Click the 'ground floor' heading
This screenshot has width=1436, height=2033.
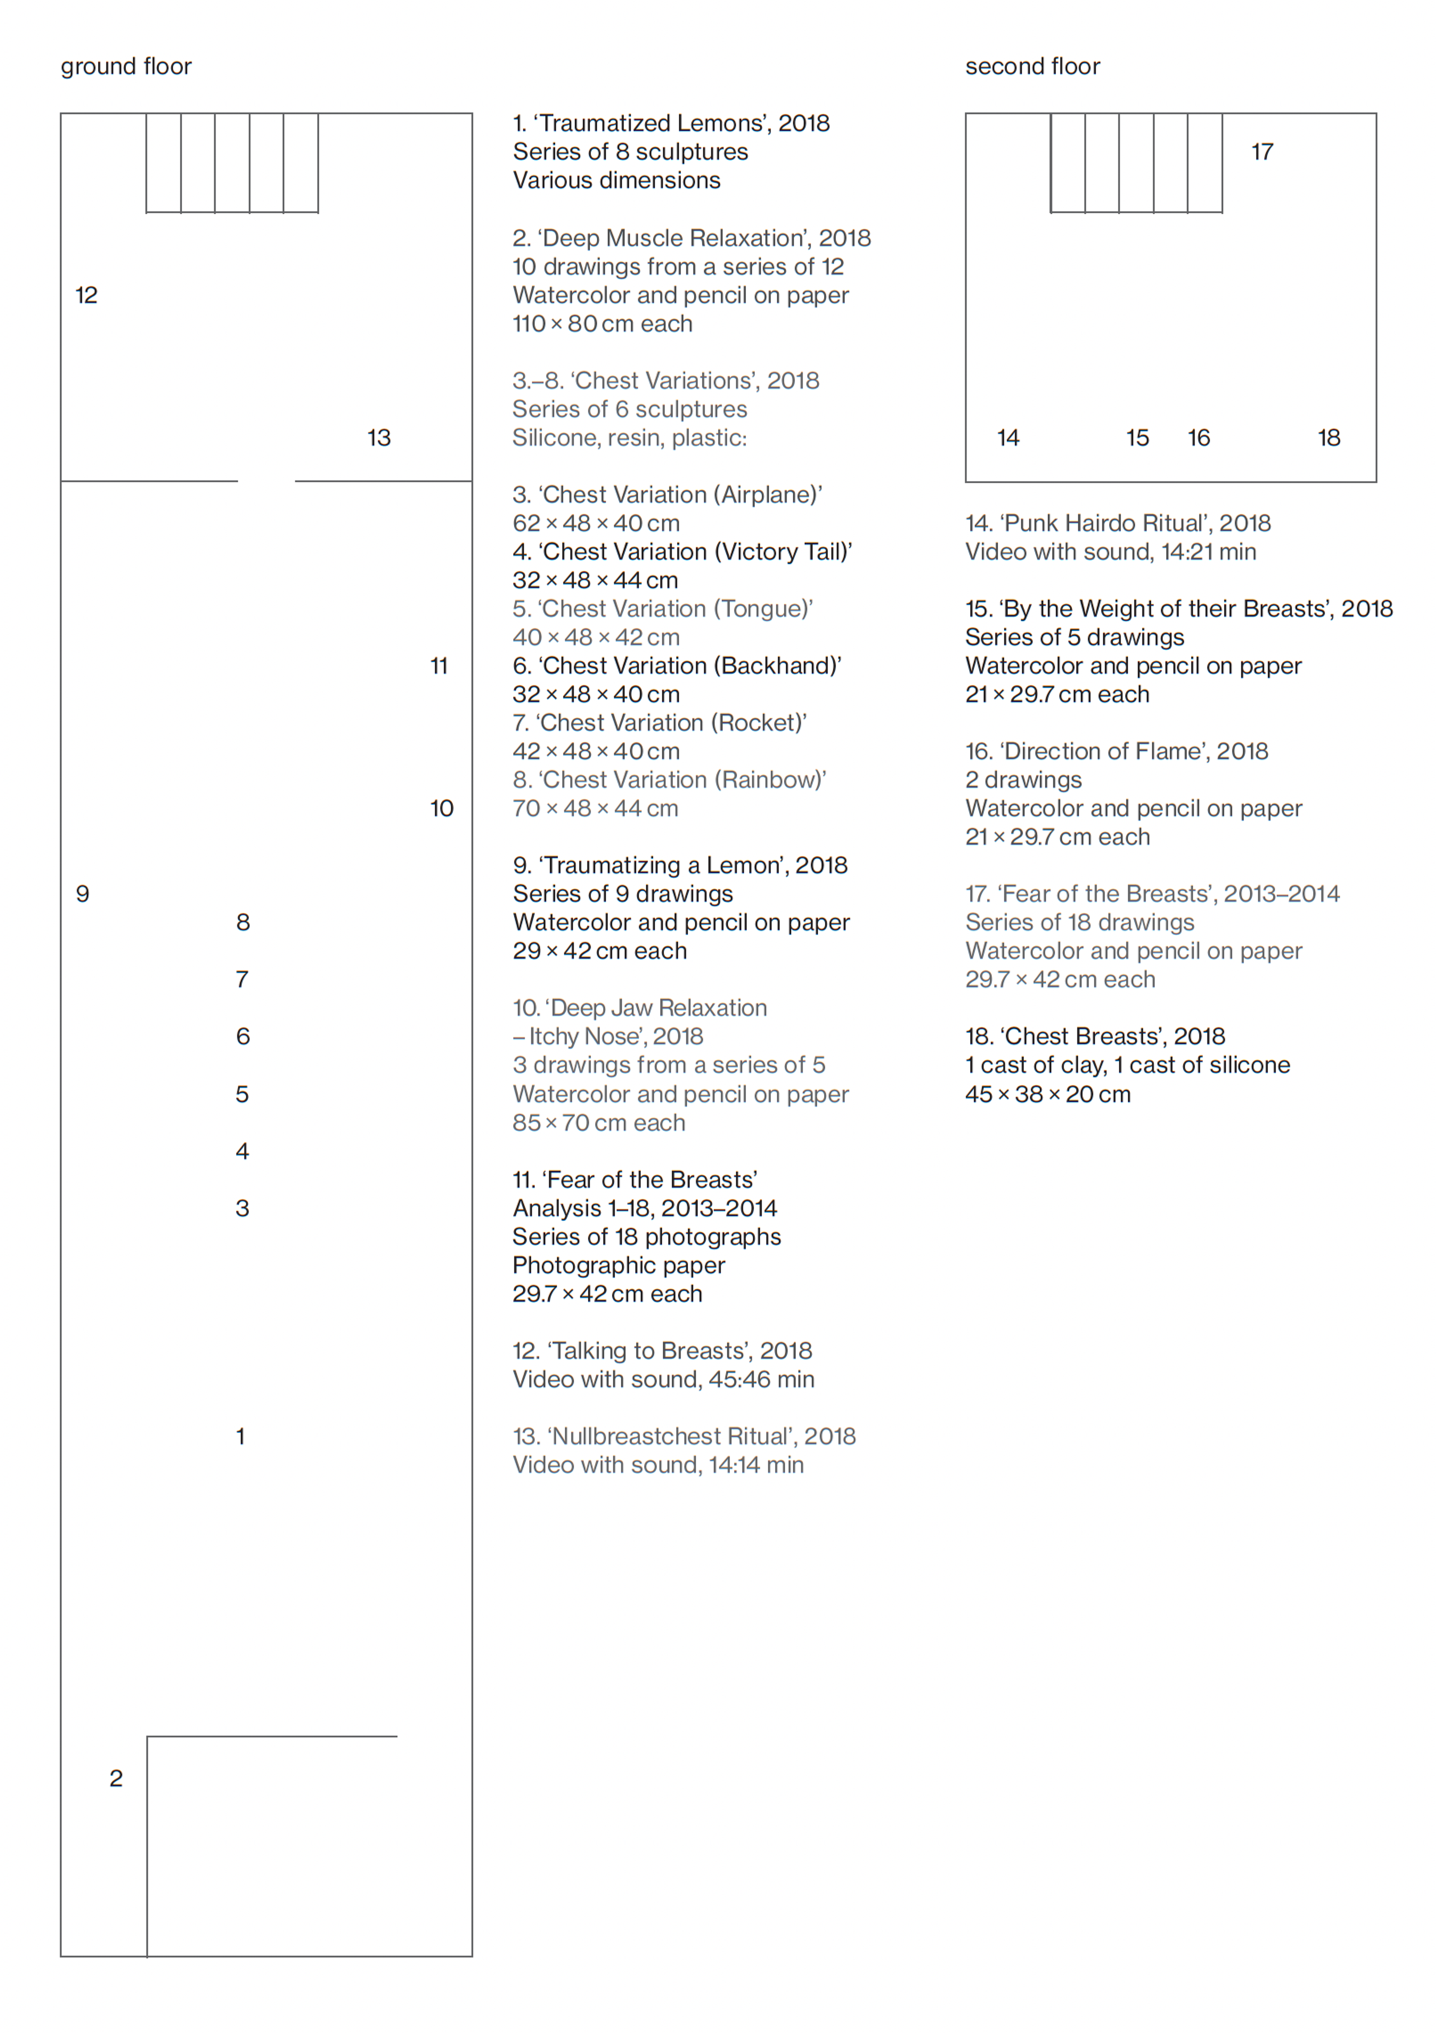pos(126,67)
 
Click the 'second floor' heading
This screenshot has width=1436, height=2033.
pos(1032,67)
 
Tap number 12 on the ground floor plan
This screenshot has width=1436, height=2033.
pos(86,295)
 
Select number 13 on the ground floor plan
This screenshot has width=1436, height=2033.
pos(379,438)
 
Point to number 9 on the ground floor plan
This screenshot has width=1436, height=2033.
pos(82,893)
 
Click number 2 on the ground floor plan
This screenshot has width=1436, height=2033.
pos(116,1778)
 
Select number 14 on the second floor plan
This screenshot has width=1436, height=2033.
pos(1007,438)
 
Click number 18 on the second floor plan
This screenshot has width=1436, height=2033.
pos(1328,438)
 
